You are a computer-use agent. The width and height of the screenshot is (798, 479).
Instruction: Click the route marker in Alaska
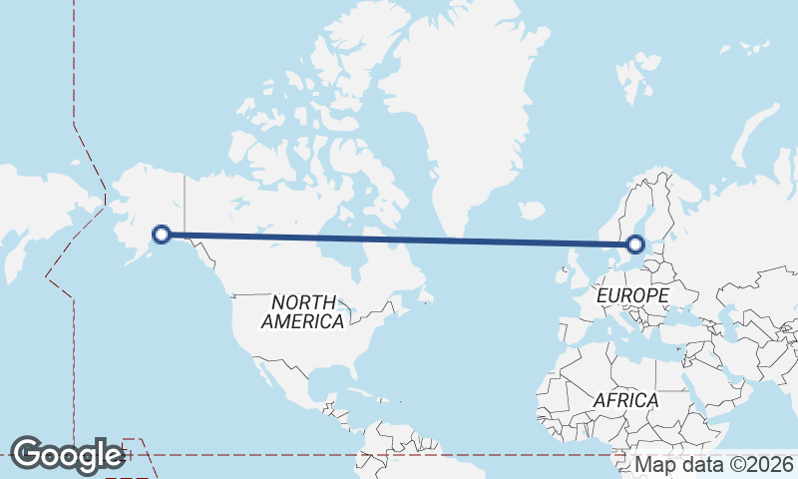coord(161,235)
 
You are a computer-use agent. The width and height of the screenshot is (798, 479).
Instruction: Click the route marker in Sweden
coord(635,243)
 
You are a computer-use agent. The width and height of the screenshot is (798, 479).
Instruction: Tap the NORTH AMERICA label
coord(302,311)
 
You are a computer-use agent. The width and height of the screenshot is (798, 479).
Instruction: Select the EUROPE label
coord(631,296)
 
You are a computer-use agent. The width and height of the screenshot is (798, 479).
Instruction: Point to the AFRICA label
coord(625,400)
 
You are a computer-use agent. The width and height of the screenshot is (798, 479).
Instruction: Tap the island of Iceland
coord(532,211)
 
